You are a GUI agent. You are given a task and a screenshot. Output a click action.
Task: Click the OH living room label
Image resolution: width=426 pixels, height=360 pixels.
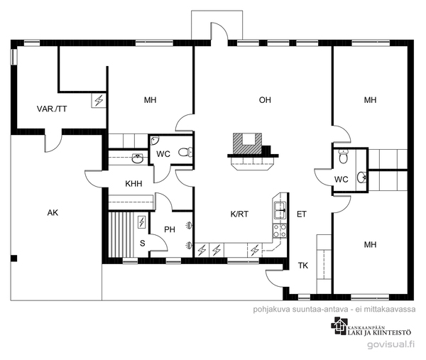pyautogui.click(x=265, y=100)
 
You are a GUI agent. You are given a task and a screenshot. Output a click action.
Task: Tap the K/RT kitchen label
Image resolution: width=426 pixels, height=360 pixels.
pyautogui.click(x=239, y=214)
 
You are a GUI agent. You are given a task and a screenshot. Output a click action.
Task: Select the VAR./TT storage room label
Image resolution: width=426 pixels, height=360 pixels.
pyautogui.click(x=52, y=109)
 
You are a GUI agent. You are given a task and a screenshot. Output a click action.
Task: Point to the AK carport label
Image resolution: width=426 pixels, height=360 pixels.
pyautogui.click(x=53, y=213)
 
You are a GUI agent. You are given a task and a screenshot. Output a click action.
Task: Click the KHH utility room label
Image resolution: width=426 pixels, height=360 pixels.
pyautogui.click(x=133, y=184)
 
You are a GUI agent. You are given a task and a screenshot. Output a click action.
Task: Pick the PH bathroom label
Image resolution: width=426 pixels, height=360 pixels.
pyautogui.click(x=170, y=229)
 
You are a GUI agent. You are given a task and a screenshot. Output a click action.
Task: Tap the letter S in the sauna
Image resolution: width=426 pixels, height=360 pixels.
pyautogui.click(x=143, y=244)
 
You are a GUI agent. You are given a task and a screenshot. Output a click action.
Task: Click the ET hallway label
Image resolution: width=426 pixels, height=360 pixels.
pyautogui.click(x=302, y=214)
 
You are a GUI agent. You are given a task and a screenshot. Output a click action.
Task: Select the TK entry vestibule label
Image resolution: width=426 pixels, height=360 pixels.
pyautogui.click(x=303, y=266)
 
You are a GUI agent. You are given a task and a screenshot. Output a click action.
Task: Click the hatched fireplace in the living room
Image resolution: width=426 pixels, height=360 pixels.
pyautogui.click(x=247, y=143)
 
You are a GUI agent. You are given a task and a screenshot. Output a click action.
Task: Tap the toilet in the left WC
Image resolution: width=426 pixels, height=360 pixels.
pyautogui.click(x=185, y=152)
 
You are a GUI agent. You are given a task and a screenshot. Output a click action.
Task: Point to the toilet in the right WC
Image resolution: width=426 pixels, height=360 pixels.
pyautogui.click(x=344, y=156)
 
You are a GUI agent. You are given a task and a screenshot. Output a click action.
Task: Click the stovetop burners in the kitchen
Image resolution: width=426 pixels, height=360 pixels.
pyautogui.click(x=280, y=231)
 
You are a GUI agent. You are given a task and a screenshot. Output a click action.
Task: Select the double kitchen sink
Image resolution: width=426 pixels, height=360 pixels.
pyautogui.click(x=280, y=209)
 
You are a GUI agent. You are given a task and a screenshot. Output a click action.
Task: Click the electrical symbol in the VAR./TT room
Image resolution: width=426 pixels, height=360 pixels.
pyautogui.click(x=99, y=100)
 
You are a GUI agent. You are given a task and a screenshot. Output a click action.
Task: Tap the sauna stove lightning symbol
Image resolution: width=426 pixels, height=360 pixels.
pyautogui.click(x=142, y=222)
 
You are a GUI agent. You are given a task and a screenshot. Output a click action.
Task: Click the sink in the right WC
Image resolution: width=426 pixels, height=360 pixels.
pyautogui.click(x=362, y=178)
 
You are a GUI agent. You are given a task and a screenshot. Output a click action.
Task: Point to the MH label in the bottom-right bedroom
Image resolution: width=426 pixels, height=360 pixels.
pyautogui.click(x=370, y=244)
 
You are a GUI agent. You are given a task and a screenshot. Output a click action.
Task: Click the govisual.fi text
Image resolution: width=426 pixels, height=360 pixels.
pyautogui.click(x=391, y=344)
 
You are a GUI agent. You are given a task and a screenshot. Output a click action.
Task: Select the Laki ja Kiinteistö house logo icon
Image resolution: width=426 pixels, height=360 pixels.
pyautogui.click(x=339, y=326)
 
